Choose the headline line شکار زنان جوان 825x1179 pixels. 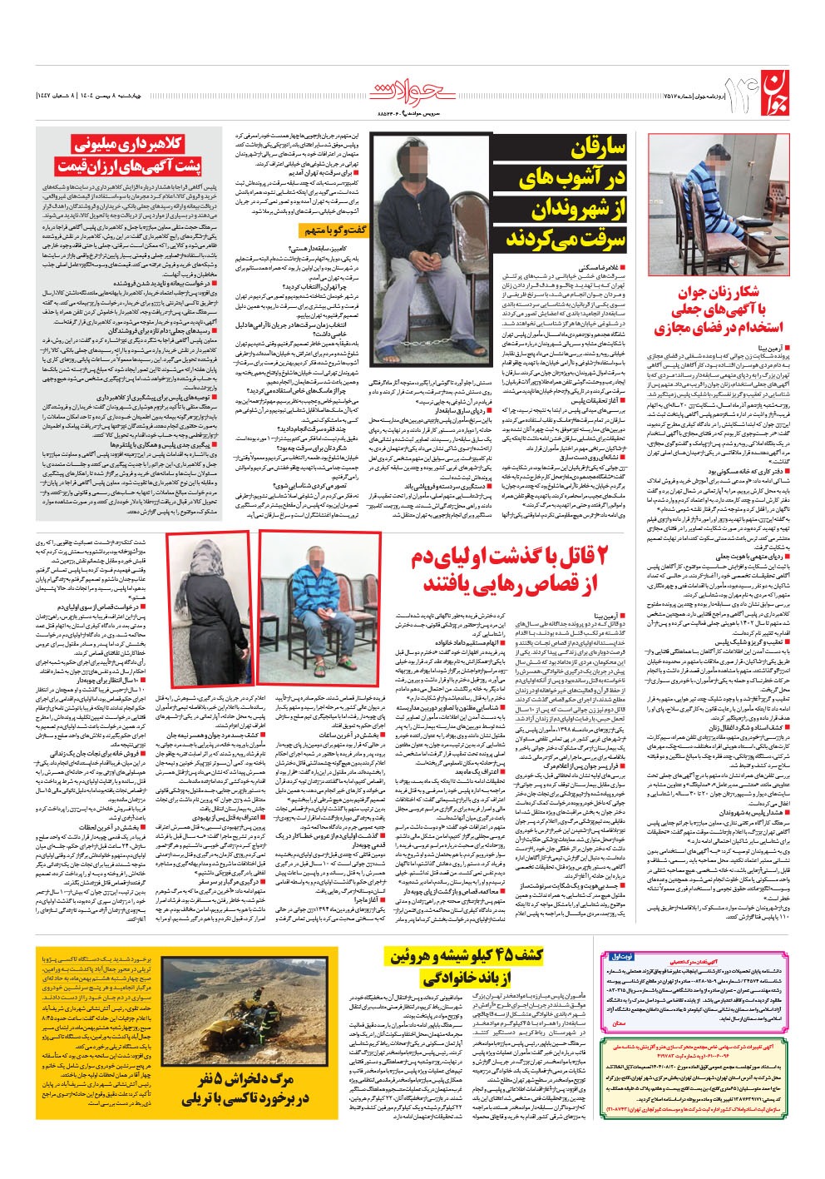706,292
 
